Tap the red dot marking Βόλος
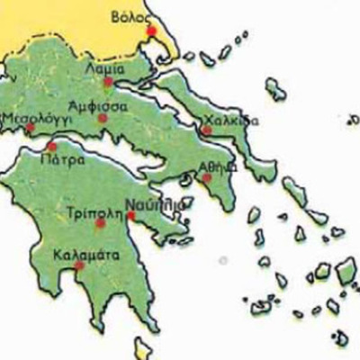point(151,31)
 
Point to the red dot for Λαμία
point(108,82)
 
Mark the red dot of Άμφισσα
point(103,118)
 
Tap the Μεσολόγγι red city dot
point(29,128)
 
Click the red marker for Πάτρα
point(51,147)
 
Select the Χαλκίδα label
point(232,120)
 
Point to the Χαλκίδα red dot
point(206,130)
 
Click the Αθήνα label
point(220,166)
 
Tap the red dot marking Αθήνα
point(207,178)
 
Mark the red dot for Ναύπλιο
point(131,216)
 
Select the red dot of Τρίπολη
point(101,222)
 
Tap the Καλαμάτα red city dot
point(79,265)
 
